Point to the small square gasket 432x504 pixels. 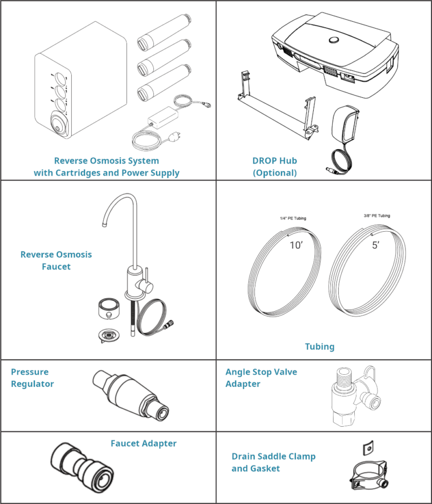point(367,447)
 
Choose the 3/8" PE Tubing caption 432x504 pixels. point(377,216)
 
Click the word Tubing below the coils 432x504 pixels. point(320,346)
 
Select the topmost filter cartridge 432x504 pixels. point(163,35)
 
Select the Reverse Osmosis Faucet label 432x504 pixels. point(56,260)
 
